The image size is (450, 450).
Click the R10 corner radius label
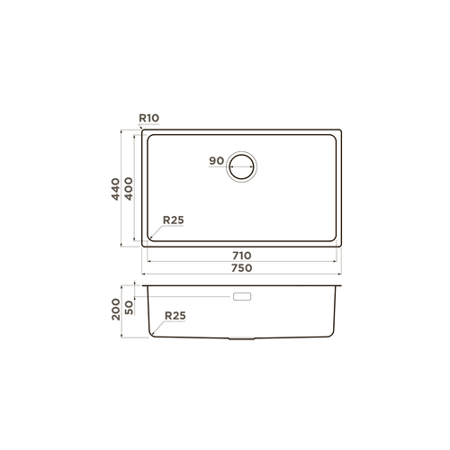[148, 118]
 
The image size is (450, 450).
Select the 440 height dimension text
[115, 189]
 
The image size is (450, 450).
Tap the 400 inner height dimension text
[129, 189]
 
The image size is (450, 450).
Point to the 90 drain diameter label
[217, 161]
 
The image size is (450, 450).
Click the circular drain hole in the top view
[241, 154]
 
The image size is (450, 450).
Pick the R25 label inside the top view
[173, 220]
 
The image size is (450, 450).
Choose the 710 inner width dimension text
[242, 256]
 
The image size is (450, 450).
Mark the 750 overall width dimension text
[242, 268]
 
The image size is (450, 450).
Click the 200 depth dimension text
[116, 310]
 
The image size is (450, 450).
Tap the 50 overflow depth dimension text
[129, 308]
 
